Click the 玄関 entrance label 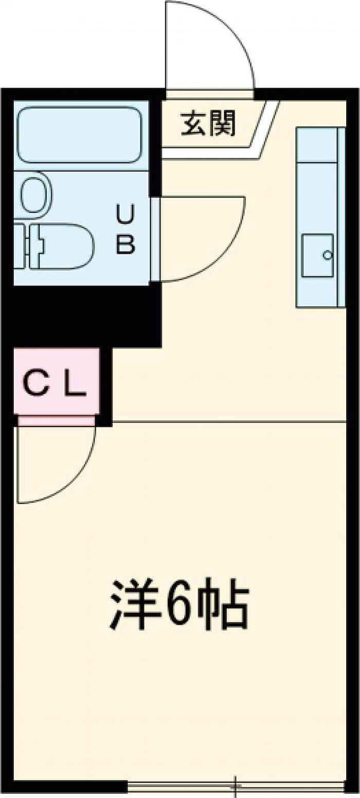(209, 123)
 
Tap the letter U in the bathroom (125, 215)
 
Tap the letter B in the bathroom (125, 244)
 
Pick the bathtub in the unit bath (80, 136)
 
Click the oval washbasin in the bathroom (37, 194)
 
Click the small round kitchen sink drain (327, 255)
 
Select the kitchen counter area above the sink (317, 146)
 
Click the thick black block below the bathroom (81, 315)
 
